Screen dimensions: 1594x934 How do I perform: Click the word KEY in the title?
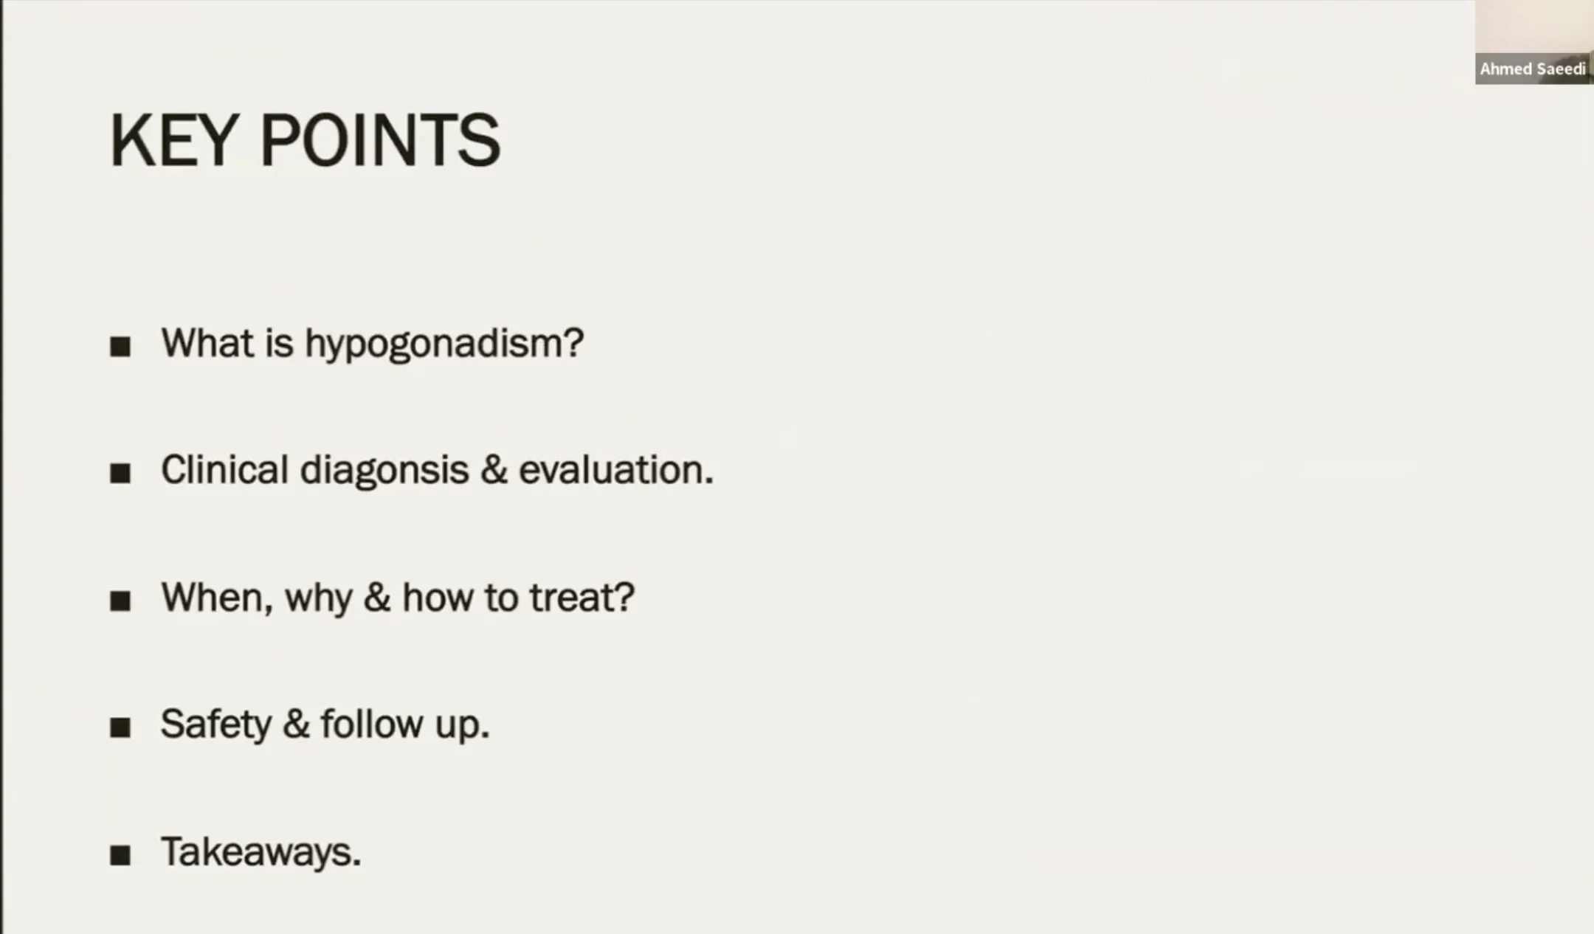pos(173,140)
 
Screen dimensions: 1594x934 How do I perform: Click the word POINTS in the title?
pos(381,140)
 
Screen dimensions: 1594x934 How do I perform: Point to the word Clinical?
pos(224,470)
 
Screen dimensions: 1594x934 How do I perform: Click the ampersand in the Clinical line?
pos(494,471)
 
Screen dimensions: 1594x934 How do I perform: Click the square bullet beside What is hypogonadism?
pos(120,347)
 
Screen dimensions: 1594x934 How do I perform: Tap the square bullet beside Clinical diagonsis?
pos(120,474)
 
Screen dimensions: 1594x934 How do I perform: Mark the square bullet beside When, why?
pos(120,601)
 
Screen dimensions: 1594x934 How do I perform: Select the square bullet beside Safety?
pos(120,728)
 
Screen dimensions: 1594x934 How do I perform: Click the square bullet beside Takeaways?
pos(120,856)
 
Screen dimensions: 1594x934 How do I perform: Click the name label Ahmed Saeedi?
pos(1533,69)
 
